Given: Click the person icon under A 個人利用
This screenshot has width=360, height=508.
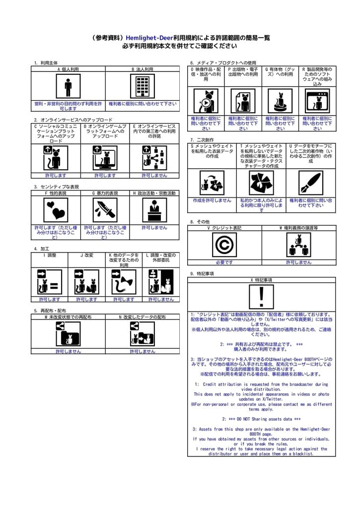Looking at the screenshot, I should coord(68,87).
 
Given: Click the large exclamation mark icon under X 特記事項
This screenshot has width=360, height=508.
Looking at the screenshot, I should coord(262,297).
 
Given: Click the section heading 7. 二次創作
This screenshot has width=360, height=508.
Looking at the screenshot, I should coord(202,140).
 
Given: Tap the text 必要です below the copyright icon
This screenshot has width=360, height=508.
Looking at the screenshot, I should coord(224,262).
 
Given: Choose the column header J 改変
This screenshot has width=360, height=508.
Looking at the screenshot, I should coord(87,255).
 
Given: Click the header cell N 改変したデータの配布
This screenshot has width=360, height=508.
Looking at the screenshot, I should coord(142,317).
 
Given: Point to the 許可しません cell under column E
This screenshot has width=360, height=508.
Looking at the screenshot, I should coord(154,175).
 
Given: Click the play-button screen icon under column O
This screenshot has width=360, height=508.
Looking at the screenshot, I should coord(206,101).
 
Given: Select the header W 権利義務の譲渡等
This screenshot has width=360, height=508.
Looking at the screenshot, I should coord(299,228).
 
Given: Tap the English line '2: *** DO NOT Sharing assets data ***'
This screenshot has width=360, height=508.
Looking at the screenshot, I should coord(262,419).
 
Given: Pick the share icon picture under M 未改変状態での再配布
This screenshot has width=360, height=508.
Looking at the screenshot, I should coord(68,334).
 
